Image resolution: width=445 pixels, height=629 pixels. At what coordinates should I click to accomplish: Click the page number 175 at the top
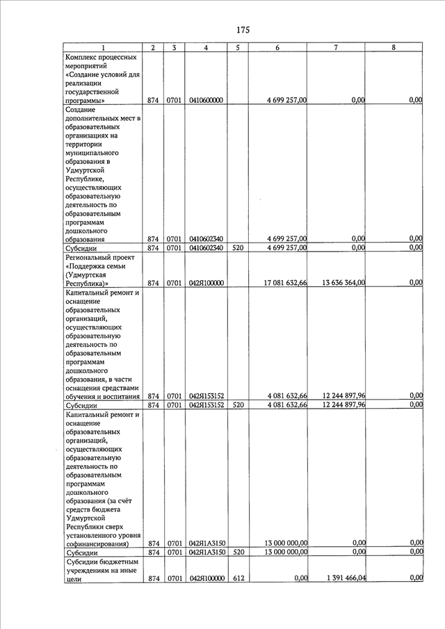[x=243, y=30]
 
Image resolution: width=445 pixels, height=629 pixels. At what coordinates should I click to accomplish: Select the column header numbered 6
[x=277, y=47]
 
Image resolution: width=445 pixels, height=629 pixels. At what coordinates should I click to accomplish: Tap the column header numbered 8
[x=394, y=47]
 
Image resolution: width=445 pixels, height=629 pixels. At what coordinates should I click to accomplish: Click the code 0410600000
[x=206, y=101]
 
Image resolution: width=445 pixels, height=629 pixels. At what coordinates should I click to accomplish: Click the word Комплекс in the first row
[x=81, y=56]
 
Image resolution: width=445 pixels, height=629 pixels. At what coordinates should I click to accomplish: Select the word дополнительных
[x=92, y=118]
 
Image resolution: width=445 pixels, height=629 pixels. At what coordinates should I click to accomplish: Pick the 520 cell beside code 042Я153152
[x=238, y=405]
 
